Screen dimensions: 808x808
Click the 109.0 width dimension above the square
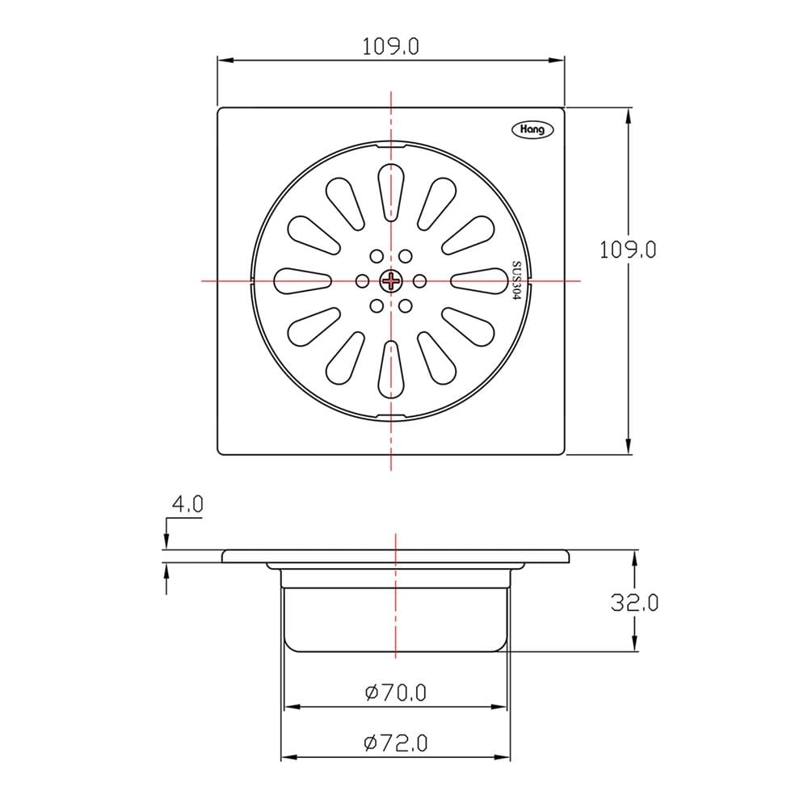[390, 47]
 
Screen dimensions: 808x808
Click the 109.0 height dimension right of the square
[628, 250]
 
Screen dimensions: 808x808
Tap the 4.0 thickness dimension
[188, 504]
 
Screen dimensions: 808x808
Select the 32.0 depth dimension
[635, 603]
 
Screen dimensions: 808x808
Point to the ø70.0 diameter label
[396, 692]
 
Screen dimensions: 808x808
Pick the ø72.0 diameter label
[396, 743]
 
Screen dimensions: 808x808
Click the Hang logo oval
[532, 129]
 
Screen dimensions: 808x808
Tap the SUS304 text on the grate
[516, 281]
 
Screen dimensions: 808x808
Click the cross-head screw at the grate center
[391, 281]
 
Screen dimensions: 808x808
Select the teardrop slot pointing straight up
[391, 193]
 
